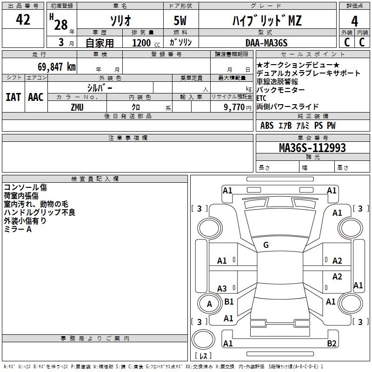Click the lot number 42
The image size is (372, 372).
pos(23,20)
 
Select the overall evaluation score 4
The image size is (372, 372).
pos(354,21)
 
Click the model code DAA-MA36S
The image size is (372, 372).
pos(266,43)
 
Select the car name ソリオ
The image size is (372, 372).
pos(120,21)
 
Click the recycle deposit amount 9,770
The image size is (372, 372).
pos(238,107)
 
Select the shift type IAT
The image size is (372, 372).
pos(13,97)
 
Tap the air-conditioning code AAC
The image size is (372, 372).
pos(36,97)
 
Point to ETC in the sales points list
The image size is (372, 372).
pos(261,98)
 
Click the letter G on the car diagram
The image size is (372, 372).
pos(266,245)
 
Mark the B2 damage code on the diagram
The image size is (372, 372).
pos(332,344)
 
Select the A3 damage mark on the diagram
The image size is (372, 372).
pos(222,288)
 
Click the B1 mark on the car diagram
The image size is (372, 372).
pos(229,302)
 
